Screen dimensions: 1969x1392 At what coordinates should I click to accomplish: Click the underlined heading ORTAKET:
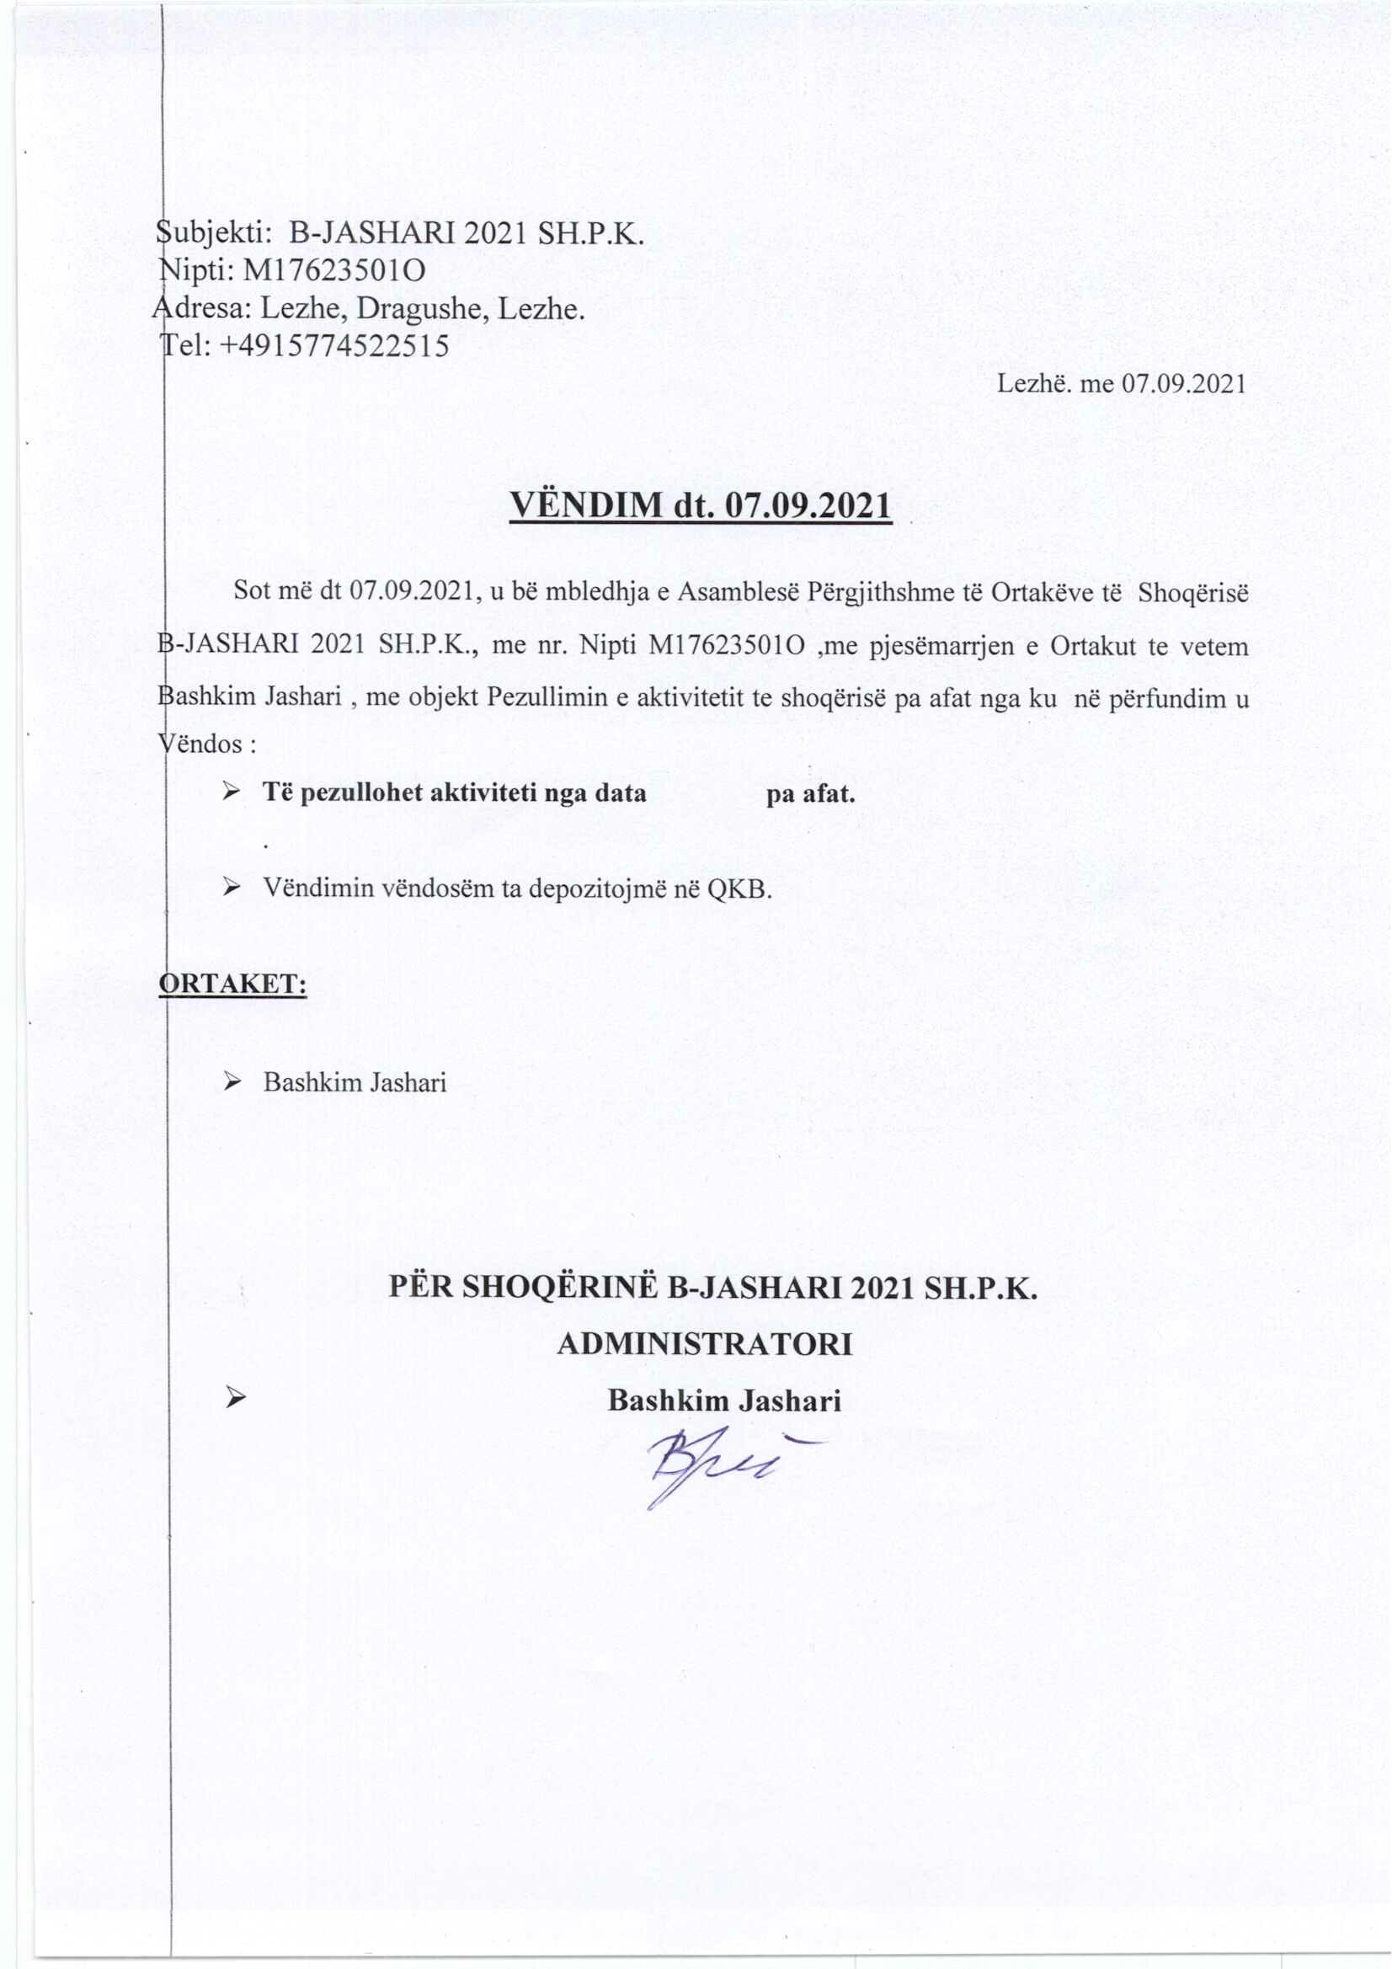pyautogui.click(x=234, y=984)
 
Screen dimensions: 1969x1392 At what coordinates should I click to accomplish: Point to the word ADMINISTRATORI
pyautogui.click(x=704, y=1345)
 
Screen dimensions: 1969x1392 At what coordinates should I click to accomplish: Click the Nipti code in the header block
pyautogui.click(x=334, y=271)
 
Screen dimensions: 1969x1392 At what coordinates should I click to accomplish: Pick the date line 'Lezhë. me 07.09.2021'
pyautogui.click(x=1120, y=383)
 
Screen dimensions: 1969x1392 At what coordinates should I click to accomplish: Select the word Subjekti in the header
pyautogui.click(x=214, y=233)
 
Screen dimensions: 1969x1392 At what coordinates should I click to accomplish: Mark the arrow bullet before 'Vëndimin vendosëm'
pyautogui.click(x=231, y=888)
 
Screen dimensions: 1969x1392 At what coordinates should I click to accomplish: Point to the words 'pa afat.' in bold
pyautogui.click(x=810, y=793)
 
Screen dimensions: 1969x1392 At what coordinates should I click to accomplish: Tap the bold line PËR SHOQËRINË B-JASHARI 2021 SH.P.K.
pyautogui.click(x=712, y=1288)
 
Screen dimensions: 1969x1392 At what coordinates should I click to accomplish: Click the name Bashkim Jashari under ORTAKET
pyautogui.click(x=355, y=1082)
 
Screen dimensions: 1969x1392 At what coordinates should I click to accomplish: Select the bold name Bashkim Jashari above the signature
pyautogui.click(x=724, y=1401)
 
